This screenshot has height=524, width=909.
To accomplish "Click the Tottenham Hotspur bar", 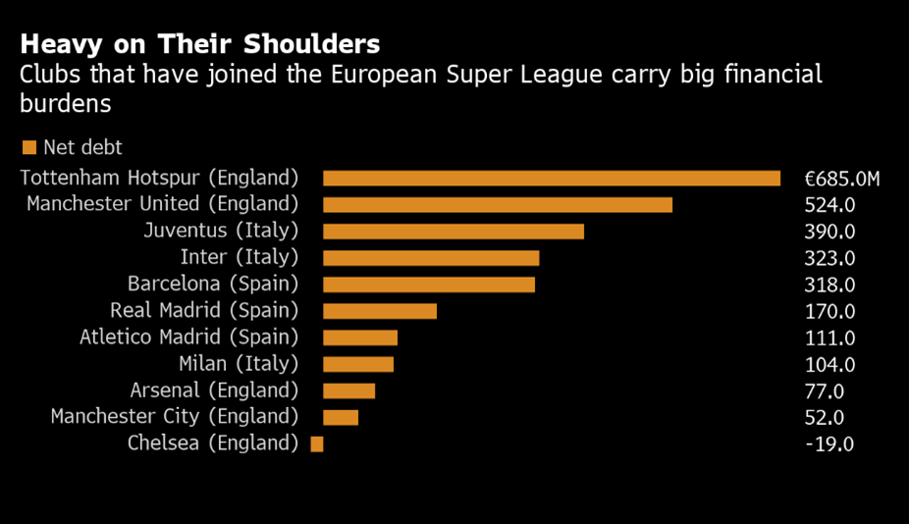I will [551, 178].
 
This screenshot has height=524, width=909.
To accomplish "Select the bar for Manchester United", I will [497, 204].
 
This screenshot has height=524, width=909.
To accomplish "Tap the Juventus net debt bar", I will [453, 231].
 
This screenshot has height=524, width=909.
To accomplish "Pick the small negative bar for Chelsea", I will [316, 444].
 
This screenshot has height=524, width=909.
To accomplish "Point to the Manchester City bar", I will [340, 417].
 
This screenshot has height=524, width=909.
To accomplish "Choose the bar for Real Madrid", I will [379, 311].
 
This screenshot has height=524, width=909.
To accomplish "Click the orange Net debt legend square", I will [29, 147].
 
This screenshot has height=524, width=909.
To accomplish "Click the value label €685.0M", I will [842, 179].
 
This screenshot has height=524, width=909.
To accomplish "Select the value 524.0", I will [830, 205].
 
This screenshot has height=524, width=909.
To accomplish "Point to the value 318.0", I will [830, 285].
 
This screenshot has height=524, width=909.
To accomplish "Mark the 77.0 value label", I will [826, 391].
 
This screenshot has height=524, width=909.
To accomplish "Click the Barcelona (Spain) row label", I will [212, 284].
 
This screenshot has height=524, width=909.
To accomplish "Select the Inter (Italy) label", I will [239, 257].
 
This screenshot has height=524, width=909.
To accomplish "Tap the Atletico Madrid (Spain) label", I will [188, 337].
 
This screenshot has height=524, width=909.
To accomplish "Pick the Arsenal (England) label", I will [214, 390].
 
